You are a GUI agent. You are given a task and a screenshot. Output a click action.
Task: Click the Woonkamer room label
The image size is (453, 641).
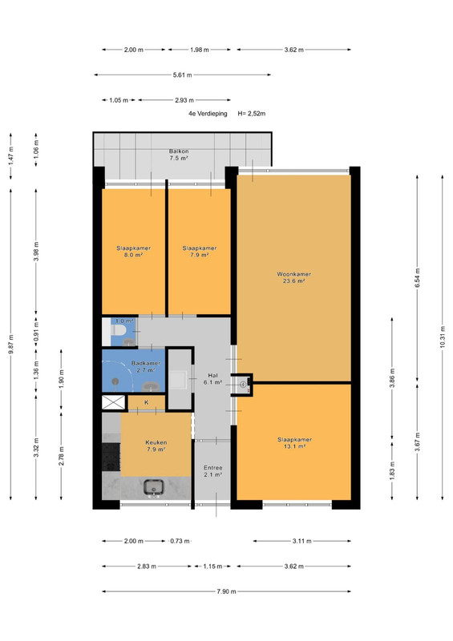pyautogui.click(x=293, y=277)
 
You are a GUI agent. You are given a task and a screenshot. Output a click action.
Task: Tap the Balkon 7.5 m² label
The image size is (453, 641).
pyautogui.click(x=179, y=155)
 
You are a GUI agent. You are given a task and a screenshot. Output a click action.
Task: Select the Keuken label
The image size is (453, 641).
pyautogui.click(x=156, y=442)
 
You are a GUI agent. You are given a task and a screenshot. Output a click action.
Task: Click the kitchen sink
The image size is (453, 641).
pyautogui.click(x=154, y=487)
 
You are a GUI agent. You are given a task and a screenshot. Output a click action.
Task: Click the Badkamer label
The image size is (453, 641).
pyautogui.click(x=146, y=363)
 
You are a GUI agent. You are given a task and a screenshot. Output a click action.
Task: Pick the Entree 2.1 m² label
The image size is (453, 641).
pyautogui.click(x=212, y=471)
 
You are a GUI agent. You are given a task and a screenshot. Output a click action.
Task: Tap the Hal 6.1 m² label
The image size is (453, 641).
pyautogui.click(x=212, y=379)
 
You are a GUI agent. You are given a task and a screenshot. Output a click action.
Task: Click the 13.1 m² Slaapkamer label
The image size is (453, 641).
pyautogui.click(x=294, y=443)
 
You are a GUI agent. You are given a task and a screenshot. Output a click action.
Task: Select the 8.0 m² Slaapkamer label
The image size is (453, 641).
pyautogui.click(x=133, y=252)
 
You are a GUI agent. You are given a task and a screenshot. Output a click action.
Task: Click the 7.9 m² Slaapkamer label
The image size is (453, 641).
pyautogui.click(x=200, y=252)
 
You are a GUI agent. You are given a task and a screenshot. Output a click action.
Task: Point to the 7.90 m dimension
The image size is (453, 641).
pyautogui.click(x=226, y=591)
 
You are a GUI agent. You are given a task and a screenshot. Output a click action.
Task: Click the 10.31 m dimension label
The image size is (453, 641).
pyautogui.click(x=443, y=337)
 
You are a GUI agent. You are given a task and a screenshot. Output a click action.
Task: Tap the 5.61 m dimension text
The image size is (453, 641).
pyautogui.click(x=182, y=75)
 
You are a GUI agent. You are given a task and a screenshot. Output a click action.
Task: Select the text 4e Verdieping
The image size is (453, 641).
pyautogui.click(x=208, y=114)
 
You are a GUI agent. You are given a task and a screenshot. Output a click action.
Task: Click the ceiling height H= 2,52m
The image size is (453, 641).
pyautogui.click(x=252, y=114)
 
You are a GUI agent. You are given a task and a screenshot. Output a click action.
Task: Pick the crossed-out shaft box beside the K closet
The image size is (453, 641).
pyautogui.click(x=113, y=402)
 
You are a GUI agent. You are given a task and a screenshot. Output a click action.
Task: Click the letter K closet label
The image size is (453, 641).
pyautogui.click(x=147, y=402)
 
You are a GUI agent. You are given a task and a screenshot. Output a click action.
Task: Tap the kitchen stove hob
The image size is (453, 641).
pyautogui.click(x=111, y=457)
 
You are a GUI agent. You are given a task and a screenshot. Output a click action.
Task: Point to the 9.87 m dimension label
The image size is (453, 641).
pyautogui.click(x=10, y=345)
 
